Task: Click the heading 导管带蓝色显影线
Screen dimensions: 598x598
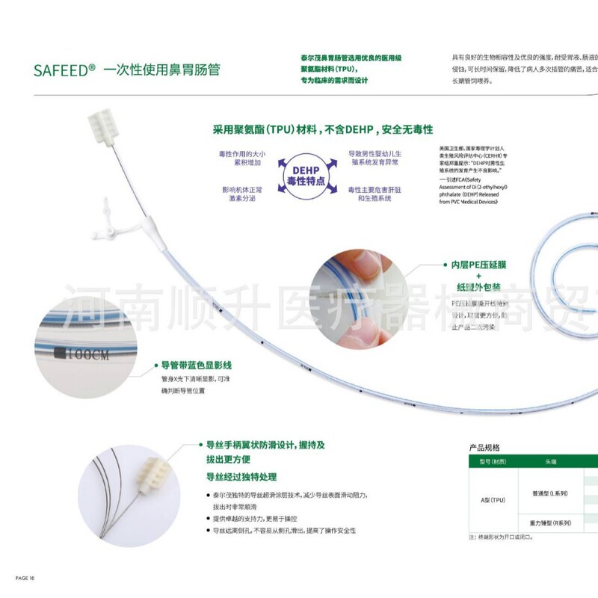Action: click(x=197, y=366)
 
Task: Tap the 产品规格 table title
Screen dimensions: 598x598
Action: click(x=484, y=447)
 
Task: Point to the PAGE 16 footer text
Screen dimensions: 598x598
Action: click(x=25, y=578)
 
